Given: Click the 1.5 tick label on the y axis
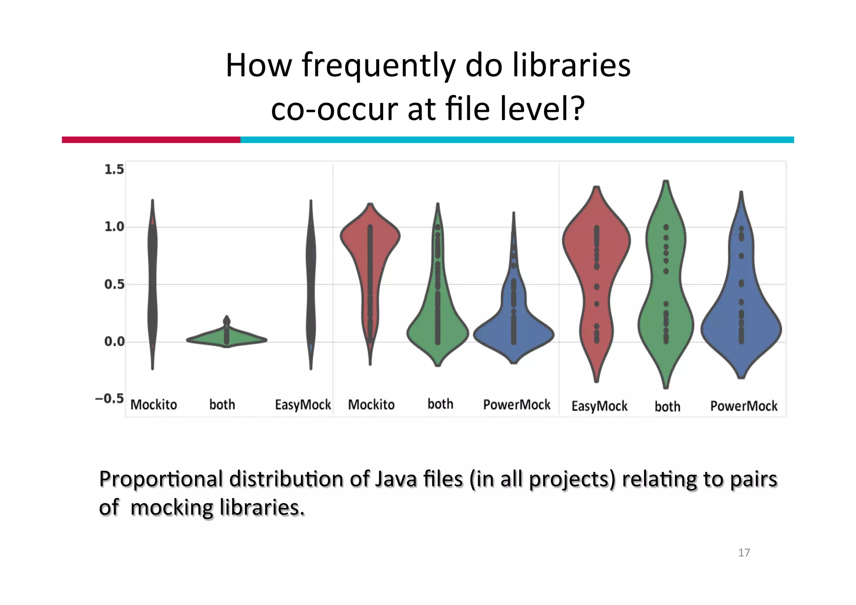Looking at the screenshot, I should [114, 169].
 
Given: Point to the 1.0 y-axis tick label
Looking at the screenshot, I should [114, 227].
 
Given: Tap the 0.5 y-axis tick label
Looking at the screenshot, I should [114, 285].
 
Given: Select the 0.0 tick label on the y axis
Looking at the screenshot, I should [114, 342].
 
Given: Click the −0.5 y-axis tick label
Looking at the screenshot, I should [110, 398].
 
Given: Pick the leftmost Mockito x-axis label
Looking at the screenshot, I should [153, 405].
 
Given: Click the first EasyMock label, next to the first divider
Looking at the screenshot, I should [303, 405].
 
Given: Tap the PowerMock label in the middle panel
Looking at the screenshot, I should [517, 405].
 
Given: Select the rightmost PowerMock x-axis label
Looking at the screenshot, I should [744, 406].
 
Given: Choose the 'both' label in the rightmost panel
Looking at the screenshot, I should [667, 406].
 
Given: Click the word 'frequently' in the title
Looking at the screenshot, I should [378, 66].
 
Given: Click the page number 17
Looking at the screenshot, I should [744, 553].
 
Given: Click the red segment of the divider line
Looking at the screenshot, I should [151, 140].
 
